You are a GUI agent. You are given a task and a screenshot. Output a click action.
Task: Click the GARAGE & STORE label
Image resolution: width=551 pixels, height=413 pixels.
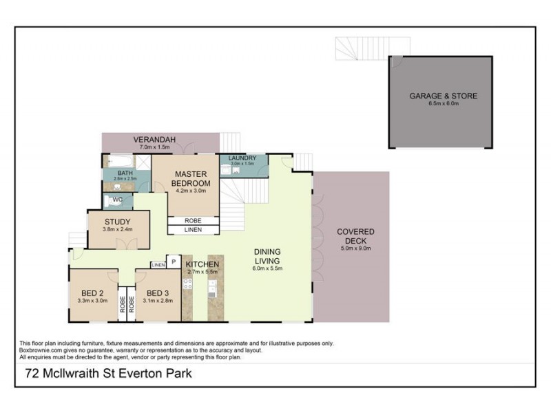pyautogui.click(x=443, y=96)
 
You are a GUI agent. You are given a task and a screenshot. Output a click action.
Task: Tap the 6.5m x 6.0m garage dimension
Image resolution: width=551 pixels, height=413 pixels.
pyautogui.click(x=443, y=104)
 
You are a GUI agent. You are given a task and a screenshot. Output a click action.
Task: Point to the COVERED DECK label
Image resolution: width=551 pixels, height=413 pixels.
pyautogui.click(x=355, y=236)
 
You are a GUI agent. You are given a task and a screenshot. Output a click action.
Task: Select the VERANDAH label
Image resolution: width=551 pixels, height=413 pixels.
pyautogui.click(x=143, y=138)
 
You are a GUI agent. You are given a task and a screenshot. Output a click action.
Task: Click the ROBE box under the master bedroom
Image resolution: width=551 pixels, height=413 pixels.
pyautogui.click(x=193, y=220)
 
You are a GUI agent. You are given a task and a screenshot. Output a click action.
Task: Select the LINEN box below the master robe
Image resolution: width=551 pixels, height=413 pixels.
pyautogui.click(x=193, y=229)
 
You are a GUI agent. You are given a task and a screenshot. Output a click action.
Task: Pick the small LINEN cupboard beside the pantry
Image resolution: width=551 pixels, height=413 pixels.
pyautogui.click(x=158, y=264)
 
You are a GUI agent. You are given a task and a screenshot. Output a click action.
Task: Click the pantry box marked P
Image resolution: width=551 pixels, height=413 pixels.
pyautogui.click(x=173, y=262)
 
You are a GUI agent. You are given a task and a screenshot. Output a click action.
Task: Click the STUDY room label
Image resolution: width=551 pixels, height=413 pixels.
pyautogui.click(x=117, y=222)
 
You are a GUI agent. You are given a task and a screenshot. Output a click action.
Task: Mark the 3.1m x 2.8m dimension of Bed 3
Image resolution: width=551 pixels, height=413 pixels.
pyautogui.click(x=158, y=300)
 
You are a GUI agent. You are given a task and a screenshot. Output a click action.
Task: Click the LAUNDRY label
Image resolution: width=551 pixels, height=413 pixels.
pyautogui.click(x=242, y=158)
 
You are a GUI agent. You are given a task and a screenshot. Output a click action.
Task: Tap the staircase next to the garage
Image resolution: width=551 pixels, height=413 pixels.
pyautogui.click(x=358, y=50)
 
